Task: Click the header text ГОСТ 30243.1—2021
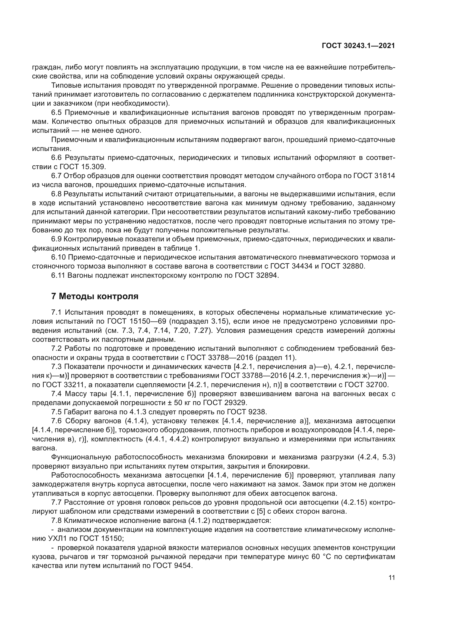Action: click(x=358, y=46)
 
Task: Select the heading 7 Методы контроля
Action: click(x=95, y=296)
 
